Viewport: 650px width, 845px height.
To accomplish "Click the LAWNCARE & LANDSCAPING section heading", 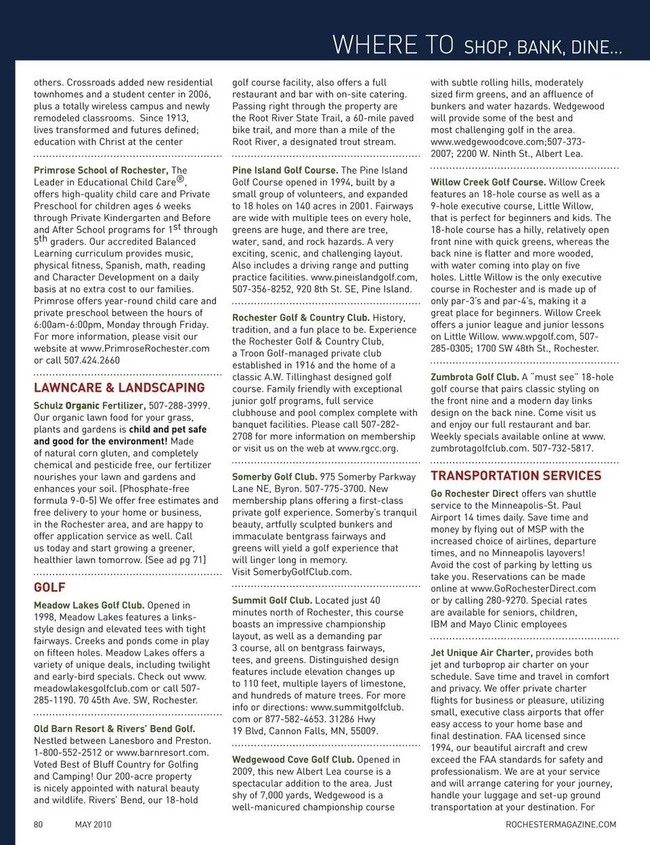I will pos(119,388).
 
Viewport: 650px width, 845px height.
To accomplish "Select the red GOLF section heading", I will pos(49,588).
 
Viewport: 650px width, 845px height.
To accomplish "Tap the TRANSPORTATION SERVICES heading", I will pos(516,476).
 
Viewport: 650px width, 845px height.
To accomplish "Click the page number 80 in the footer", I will pos(39,825).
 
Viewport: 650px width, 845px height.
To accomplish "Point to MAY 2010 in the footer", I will pos(93,825).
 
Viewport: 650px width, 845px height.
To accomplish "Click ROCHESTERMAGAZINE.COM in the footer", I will pos(561,825).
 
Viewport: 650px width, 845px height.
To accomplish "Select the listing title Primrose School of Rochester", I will pos(100,170).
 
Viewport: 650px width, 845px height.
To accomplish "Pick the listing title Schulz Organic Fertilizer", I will pos(79,405).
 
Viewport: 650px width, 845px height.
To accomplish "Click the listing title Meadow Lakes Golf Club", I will pos(89,605).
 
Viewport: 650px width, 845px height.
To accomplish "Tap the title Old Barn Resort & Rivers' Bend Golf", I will pos(114,729).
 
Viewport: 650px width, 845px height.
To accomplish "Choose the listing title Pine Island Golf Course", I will pos(285,170).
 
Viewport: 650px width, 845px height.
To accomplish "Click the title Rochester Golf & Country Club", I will pos(301,317).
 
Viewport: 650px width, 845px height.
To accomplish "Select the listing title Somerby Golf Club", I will pos(274,476).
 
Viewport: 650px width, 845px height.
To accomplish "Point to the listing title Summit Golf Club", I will pos(272,600).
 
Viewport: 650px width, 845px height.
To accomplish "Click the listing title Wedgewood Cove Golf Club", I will pos(293,760).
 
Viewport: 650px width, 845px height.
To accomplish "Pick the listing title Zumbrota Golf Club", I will pos(475,377).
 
